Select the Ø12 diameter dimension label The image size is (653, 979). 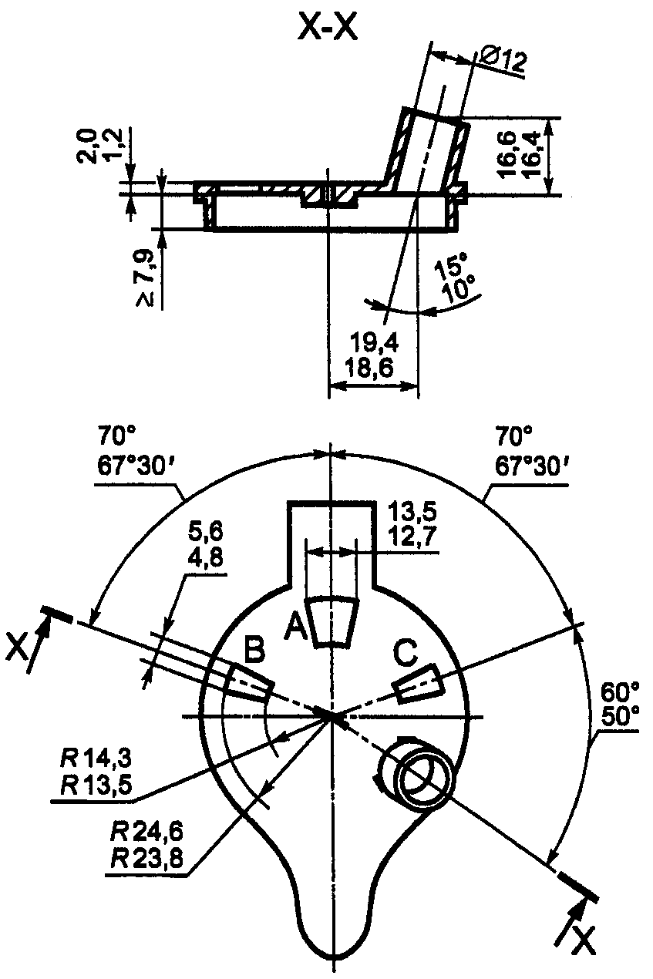(503, 59)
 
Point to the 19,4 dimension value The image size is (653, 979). (375, 342)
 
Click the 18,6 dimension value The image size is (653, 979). (369, 368)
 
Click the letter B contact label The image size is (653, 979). (254, 649)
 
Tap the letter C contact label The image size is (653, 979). (406, 652)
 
